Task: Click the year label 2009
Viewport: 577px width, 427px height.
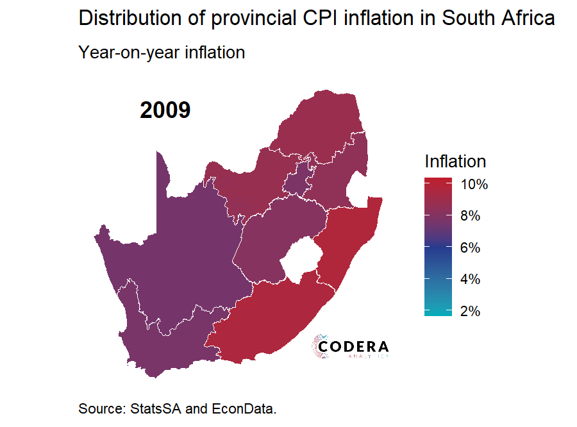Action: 165,110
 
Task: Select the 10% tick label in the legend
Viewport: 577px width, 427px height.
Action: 474,185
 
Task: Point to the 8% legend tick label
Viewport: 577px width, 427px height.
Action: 471,216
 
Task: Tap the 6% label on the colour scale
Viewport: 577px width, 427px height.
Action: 471,247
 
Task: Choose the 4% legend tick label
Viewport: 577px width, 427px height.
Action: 471,280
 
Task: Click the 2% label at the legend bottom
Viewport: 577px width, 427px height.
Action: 471,311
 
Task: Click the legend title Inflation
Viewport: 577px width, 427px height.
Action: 455,161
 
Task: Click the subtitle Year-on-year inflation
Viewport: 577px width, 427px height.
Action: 162,52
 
